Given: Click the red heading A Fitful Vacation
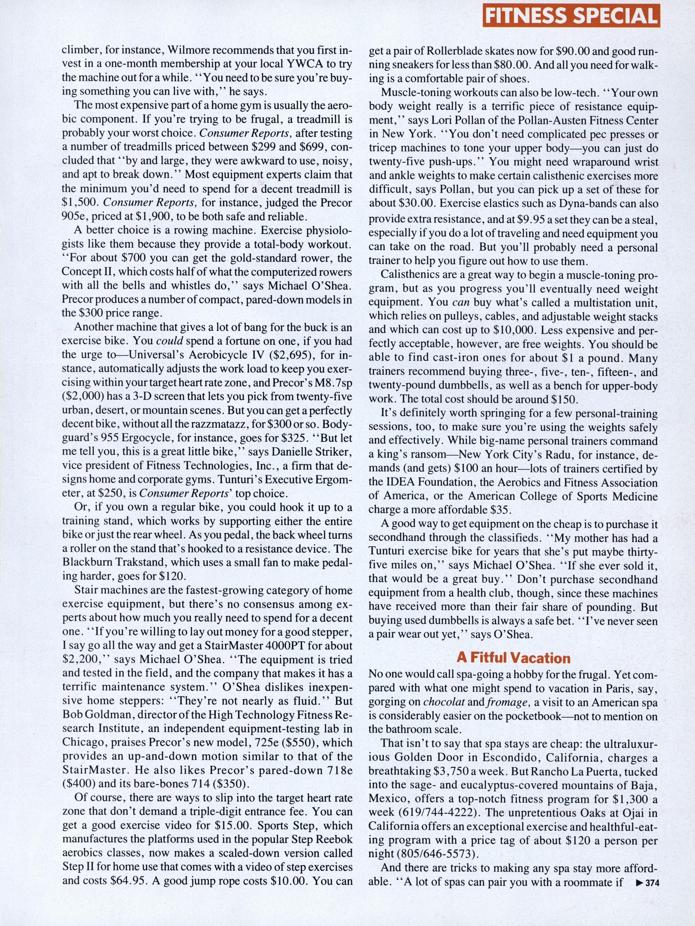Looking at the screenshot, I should point(513,658).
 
